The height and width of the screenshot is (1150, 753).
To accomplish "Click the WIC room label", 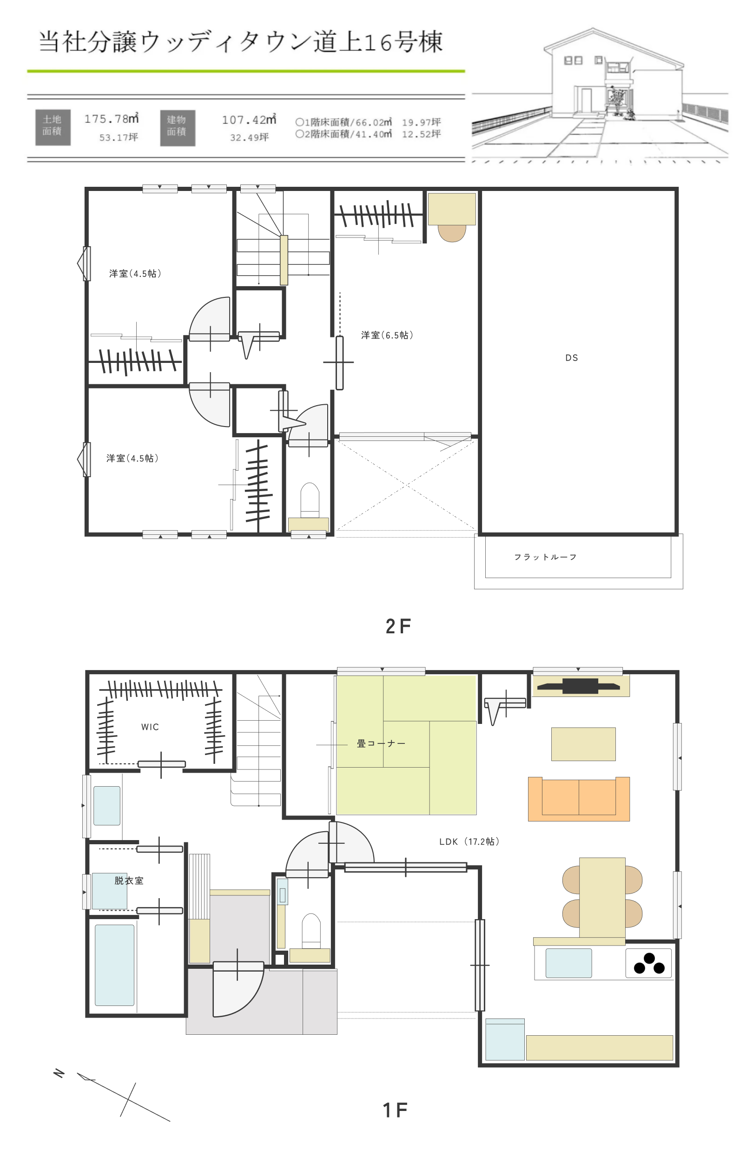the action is (150, 727).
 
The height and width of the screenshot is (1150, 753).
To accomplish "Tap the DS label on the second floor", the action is (572, 358).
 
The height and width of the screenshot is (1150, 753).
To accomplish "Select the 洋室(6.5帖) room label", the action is (387, 335).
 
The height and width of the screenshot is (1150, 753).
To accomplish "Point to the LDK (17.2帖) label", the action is (469, 841).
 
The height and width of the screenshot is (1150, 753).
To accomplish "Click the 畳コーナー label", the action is (381, 743).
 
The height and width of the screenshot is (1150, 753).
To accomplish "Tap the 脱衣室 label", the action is (129, 881).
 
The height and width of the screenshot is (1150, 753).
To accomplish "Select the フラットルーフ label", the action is (545, 557).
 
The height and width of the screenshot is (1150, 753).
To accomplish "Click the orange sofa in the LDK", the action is (579, 799).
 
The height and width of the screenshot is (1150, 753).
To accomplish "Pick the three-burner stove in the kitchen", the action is (648, 964).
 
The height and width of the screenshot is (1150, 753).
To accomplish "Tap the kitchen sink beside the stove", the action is (568, 963).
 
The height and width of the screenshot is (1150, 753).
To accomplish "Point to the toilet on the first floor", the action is (311, 930).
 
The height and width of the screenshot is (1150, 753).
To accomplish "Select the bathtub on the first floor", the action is (114, 965).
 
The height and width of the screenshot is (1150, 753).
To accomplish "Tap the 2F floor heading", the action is (398, 626).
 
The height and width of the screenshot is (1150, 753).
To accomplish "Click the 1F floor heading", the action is (396, 1110).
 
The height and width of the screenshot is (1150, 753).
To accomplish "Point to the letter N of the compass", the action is (59, 1073).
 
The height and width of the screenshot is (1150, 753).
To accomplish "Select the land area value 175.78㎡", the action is (111, 118).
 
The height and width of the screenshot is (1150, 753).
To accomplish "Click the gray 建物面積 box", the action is (178, 128).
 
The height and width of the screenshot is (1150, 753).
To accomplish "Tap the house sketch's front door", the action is (586, 100).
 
